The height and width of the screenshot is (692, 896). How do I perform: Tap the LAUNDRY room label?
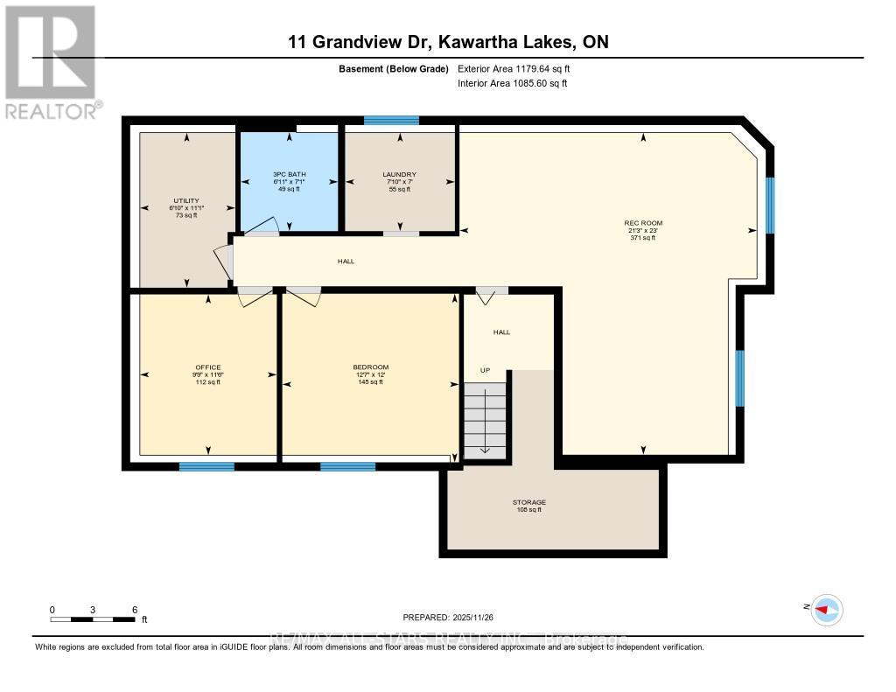coord(399,174)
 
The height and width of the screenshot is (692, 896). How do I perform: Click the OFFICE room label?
coord(207,367)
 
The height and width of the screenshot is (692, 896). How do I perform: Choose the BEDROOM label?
coord(370,367)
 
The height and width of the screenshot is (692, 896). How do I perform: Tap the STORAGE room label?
coord(528,502)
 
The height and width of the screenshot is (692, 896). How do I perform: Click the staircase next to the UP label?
coord(485,419)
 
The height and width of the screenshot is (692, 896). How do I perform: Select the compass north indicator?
coord(824,610)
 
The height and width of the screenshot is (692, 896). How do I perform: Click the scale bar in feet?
coord(93,619)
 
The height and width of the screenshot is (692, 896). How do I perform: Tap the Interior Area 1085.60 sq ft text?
coord(512,83)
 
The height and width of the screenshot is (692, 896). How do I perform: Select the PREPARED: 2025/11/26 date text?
coord(448,617)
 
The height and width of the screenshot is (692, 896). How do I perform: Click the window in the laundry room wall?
coord(391,121)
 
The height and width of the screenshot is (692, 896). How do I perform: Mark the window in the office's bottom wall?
coord(206,466)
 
